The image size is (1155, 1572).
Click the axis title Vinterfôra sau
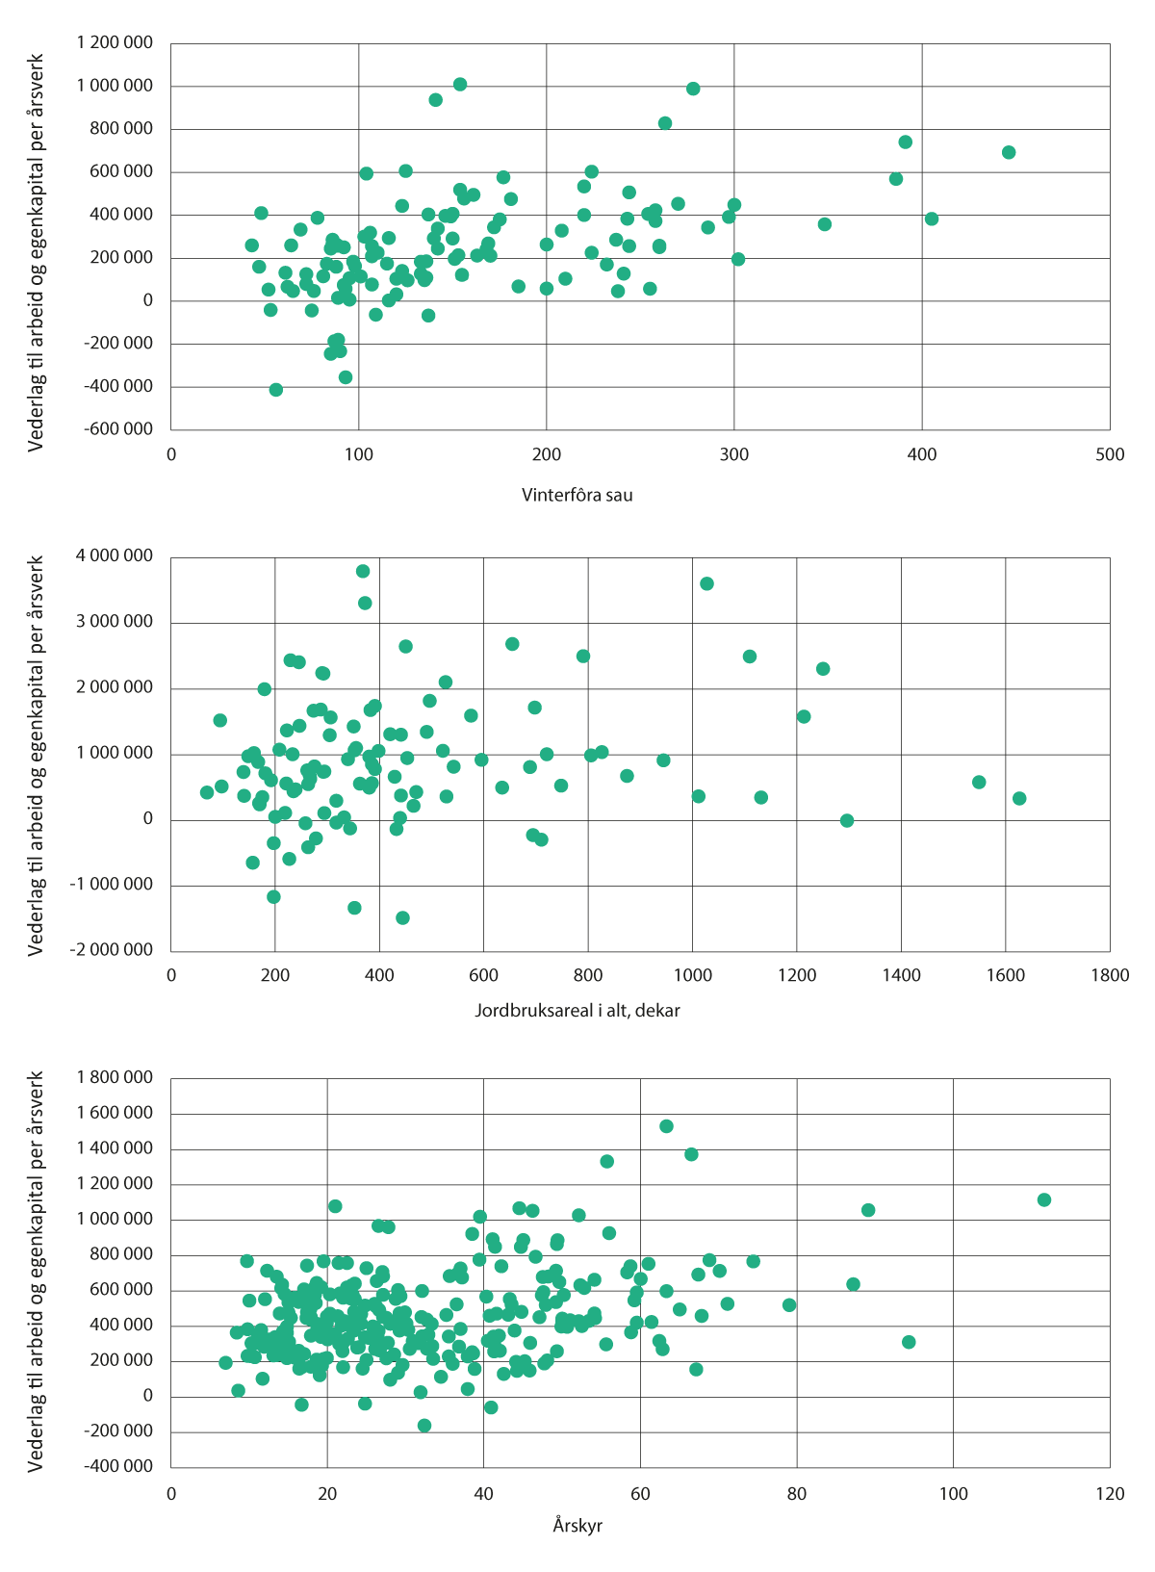pos(577,496)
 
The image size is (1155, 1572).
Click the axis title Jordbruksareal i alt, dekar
pos(577,1011)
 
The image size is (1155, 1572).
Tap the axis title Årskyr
pos(577,1526)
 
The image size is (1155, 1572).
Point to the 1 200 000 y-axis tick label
pos(114,42)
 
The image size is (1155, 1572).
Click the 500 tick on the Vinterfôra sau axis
pos(1109,455)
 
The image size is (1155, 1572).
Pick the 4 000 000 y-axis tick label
pos(114,555)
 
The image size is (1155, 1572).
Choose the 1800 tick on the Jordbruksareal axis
pos(1109,975)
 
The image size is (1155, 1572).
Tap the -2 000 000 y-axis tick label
pos(111,950)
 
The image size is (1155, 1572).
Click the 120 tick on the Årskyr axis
pos(1109,1494)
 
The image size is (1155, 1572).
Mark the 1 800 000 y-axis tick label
pos(114,1077)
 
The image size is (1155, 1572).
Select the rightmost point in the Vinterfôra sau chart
pos(1009,152)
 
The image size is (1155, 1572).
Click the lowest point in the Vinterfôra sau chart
pos(276,390)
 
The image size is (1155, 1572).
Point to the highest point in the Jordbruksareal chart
pos(363,571)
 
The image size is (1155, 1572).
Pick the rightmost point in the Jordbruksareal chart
pos(1019,798)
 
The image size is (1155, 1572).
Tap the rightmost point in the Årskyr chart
pos(1044,1199)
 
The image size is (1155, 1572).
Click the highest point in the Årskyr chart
pos(666,1126)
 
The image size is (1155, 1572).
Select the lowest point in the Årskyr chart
pos(424,1426)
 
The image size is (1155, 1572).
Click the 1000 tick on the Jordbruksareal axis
pos(692,975)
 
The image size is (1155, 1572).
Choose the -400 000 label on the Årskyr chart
pos(117,1466)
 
